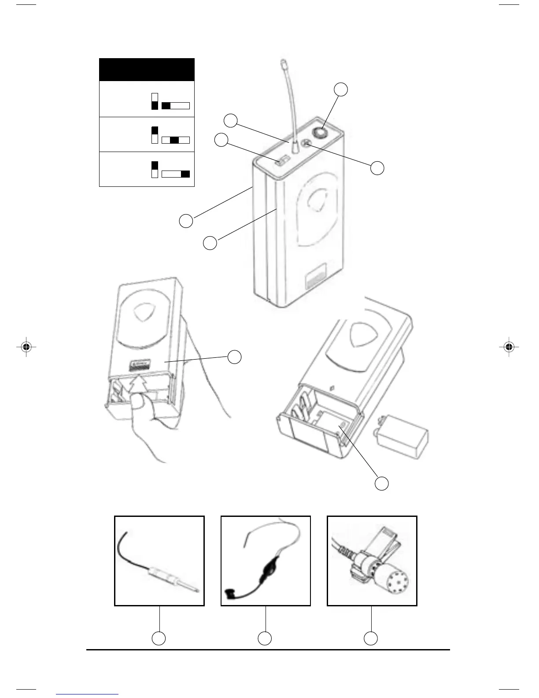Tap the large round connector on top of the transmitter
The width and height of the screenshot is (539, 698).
click(x=320, y=133)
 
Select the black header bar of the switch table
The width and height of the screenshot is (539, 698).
click(x=147, y=70)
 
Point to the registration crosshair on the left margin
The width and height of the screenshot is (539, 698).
click(x=26, y=347)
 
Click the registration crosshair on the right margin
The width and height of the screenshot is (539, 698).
click(x=509, y=347)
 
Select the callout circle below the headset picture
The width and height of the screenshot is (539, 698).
click(x=265, y=638)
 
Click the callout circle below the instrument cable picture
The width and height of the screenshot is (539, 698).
click(x=159, y=638)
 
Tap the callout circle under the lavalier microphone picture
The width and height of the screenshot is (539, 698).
click(x=371, y=638)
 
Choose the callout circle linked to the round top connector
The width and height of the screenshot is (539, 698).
click(x=340, y=89)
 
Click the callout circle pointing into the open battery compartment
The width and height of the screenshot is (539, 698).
click(x=382, y=483)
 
